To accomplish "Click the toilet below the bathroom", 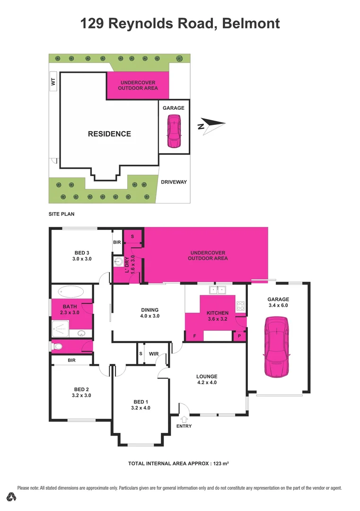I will [58, 347].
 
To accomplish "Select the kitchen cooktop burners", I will [241, 306].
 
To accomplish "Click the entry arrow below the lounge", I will [184, 419].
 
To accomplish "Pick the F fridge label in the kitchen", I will [194, 336].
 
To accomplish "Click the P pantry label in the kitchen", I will [239, 336].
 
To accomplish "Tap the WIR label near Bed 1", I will [154, 353].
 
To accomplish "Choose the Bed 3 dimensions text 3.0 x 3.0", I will [81, 259].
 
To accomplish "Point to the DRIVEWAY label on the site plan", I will [174, 182].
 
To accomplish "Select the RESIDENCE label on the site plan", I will [109, 134].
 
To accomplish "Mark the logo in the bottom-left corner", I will [12, 497].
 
